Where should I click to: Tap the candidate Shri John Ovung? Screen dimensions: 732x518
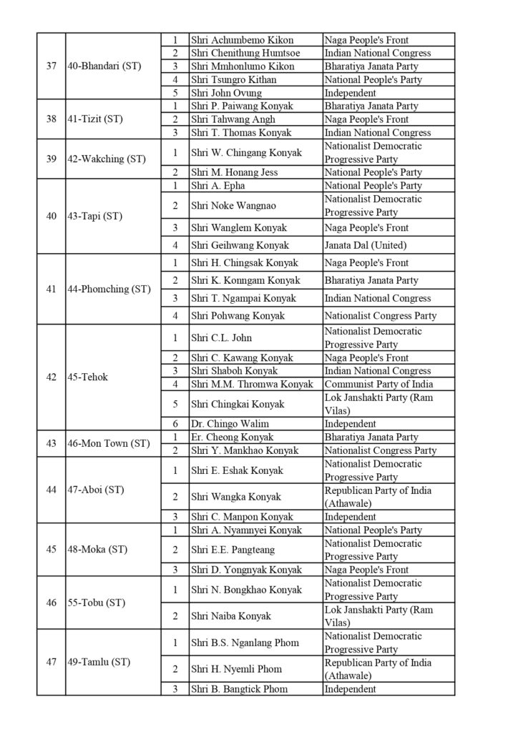pyautogui.click(x=226, y=93)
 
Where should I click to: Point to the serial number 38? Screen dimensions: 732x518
pyautogui.click(x=52, y=119)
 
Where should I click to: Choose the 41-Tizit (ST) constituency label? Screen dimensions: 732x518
pyautogui.click(x=96, y=119)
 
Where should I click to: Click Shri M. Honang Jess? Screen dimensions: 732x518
pyautogui.click(x=234, y=172)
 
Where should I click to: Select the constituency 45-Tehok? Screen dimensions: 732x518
pyautogui.click(x=88, y=377)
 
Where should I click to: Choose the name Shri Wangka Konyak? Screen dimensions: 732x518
pyautogui.click(x=236, y=497)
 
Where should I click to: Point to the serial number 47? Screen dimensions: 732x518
pyautogui.click(x=52, y=662)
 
